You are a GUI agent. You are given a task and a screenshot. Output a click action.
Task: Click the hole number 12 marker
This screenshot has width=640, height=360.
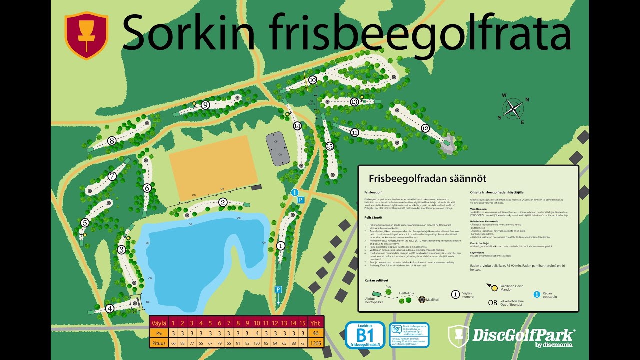pos(425,128)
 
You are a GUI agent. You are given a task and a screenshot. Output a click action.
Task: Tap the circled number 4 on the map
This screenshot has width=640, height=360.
pos(110,308)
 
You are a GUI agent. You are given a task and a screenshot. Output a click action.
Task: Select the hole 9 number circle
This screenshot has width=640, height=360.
pos(205,105)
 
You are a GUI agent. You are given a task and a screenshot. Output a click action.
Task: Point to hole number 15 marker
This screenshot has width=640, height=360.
pos(329,146)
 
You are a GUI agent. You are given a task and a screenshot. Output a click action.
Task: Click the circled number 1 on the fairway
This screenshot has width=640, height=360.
pos(280,245)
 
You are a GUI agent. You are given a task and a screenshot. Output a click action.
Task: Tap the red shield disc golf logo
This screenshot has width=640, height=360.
pos(86,35)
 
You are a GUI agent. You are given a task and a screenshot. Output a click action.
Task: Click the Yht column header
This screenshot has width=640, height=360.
pos(315,322)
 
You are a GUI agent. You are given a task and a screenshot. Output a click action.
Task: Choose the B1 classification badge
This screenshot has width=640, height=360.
pos(365,335)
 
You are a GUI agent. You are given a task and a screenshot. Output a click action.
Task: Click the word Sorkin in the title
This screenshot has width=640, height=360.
pos(192,31)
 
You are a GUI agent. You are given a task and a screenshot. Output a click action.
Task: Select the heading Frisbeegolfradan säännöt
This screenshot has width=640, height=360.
pos(427,178)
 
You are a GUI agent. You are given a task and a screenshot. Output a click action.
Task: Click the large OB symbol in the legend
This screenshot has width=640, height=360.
pos(493,302)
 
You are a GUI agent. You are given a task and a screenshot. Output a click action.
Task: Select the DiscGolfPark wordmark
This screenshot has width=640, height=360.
pos(523,334)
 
